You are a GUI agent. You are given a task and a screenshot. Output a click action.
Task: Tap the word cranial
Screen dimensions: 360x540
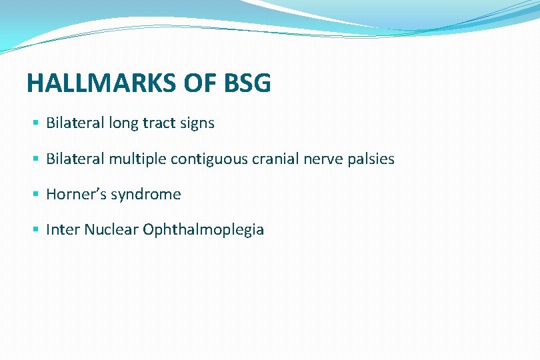pos(273,159)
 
